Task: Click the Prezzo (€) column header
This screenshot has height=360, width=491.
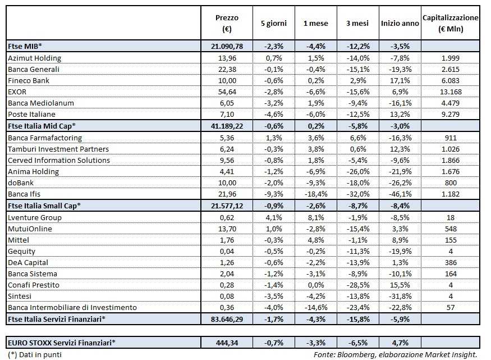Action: [227, 23]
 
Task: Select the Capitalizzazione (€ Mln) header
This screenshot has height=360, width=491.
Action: [450, 23]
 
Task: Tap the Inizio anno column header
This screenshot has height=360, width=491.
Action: [400, 24]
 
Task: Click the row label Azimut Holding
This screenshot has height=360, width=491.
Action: [35, 58]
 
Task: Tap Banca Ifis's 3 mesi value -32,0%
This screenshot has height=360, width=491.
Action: [357, 194]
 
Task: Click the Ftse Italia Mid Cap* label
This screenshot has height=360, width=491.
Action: [42, 126]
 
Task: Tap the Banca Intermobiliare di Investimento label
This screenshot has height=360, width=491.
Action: [72, 308]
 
